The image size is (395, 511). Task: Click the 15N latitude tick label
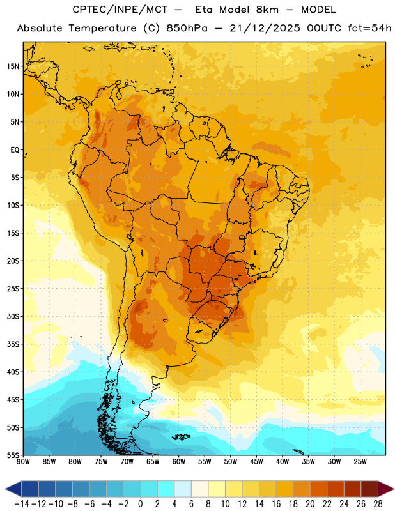[x=13, y=66]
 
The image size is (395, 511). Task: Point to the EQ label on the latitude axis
[x=15, y=150]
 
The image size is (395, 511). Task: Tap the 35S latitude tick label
[x=13, y=344]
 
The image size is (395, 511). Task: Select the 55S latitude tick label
[x=13, y=455]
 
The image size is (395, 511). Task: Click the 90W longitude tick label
[x=23, y=462]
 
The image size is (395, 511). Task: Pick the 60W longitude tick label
[x=179, y=462]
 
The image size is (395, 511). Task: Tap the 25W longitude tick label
[x=360, y=462]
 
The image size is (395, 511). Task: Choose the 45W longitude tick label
[x=256, y=462]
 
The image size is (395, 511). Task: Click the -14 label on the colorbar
[x=22, y=504]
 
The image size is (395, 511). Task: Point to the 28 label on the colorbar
[x=378, y=504]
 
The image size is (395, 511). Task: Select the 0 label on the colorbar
[x=140, y=504]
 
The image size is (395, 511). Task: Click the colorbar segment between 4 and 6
[x=183, y=489]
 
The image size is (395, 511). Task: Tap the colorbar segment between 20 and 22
[x=318, y=489]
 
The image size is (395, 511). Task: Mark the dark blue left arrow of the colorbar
[x=13, y=489]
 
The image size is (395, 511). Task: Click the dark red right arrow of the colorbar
[x=386, y=489]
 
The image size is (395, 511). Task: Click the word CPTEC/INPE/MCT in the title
[x=120, y=10]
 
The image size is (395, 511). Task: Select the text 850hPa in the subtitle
[x=187, y=28]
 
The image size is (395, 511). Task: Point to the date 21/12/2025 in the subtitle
[x=265, y=28]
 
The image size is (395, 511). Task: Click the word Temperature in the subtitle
[x=102, y=28]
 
